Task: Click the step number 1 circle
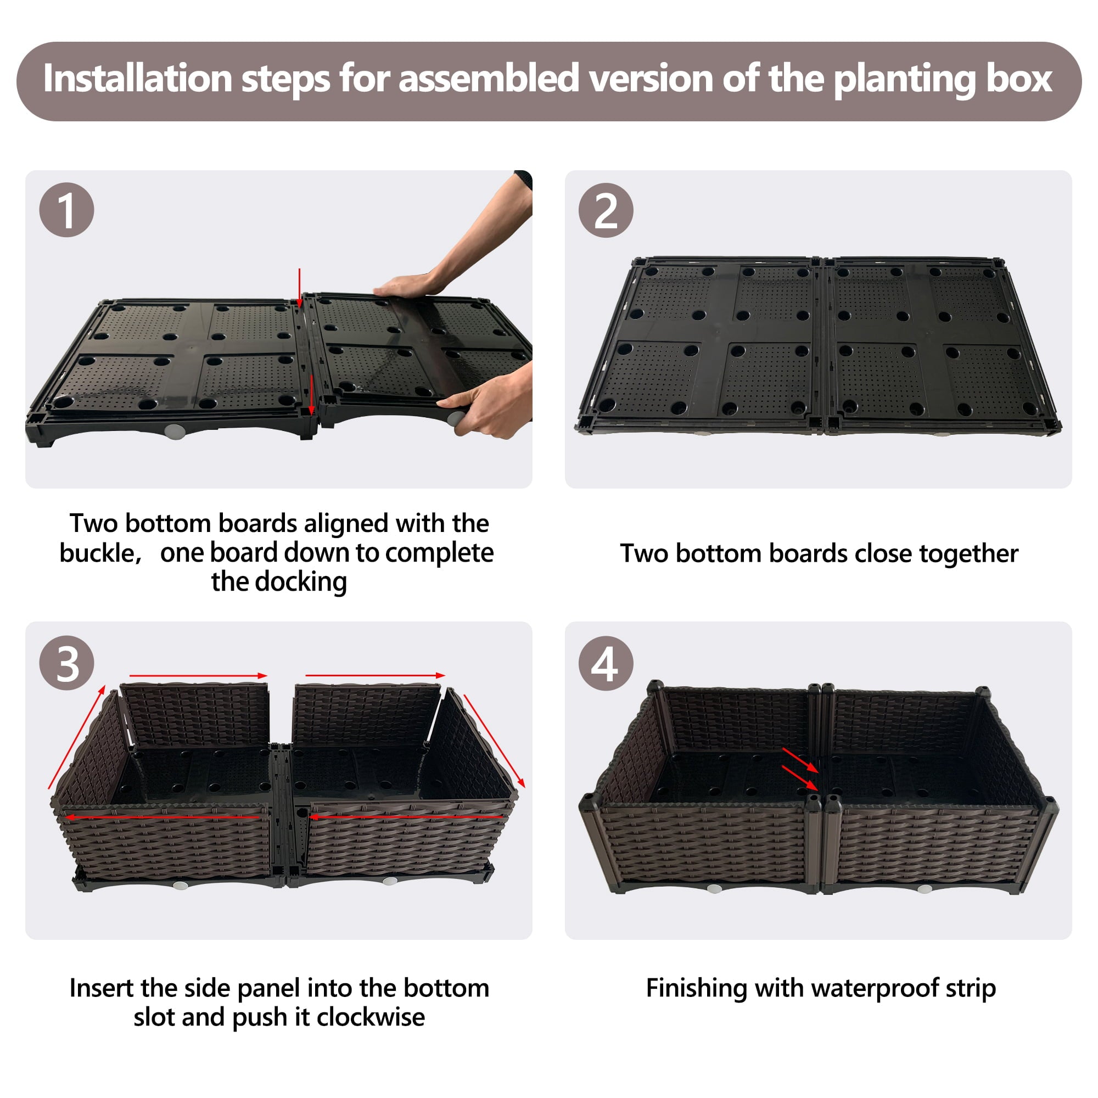[66, 210]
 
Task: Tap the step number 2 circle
[606, 210]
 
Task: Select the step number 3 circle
[66, 663]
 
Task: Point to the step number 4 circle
[606, 663]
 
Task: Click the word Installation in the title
[137, 79]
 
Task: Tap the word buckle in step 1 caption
[98, 553]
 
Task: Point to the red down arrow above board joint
[300, 287]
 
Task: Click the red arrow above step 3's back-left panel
[198, 676]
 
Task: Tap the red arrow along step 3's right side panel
[494, 741]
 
